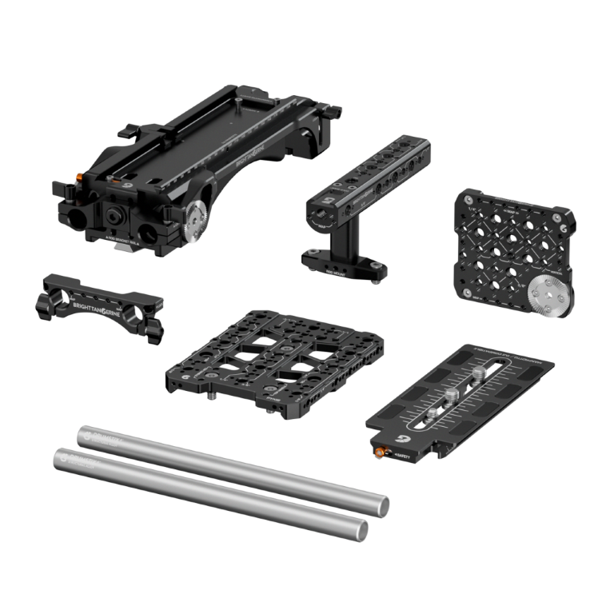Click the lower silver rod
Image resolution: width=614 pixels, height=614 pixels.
[x=212, y=492]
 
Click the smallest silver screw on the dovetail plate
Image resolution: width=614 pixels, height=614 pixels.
[x=427, y=413]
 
